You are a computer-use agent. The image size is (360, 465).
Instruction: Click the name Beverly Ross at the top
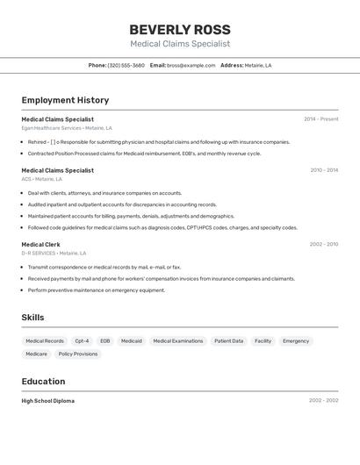180,29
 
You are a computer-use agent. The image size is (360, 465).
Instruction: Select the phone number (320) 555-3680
126,65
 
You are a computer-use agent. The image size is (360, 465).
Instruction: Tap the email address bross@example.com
191,65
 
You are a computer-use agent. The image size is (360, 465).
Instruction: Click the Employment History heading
65,100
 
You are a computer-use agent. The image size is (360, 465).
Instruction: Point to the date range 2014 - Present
320,119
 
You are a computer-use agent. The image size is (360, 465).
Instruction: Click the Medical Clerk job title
41,245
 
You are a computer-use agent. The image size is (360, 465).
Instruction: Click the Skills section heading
32,318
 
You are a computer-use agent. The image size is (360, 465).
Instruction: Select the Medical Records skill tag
45,340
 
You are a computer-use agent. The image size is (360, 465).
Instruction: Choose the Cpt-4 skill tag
82,340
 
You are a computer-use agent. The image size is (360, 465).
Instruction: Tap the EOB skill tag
105,340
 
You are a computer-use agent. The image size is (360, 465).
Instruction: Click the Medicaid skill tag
132,340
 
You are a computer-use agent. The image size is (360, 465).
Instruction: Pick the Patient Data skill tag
229,340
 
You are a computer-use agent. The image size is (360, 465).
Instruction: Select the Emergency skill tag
296,340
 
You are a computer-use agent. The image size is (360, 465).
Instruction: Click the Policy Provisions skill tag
78,354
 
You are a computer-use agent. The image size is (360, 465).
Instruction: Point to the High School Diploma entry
48,401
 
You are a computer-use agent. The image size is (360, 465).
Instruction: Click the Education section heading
43,382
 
